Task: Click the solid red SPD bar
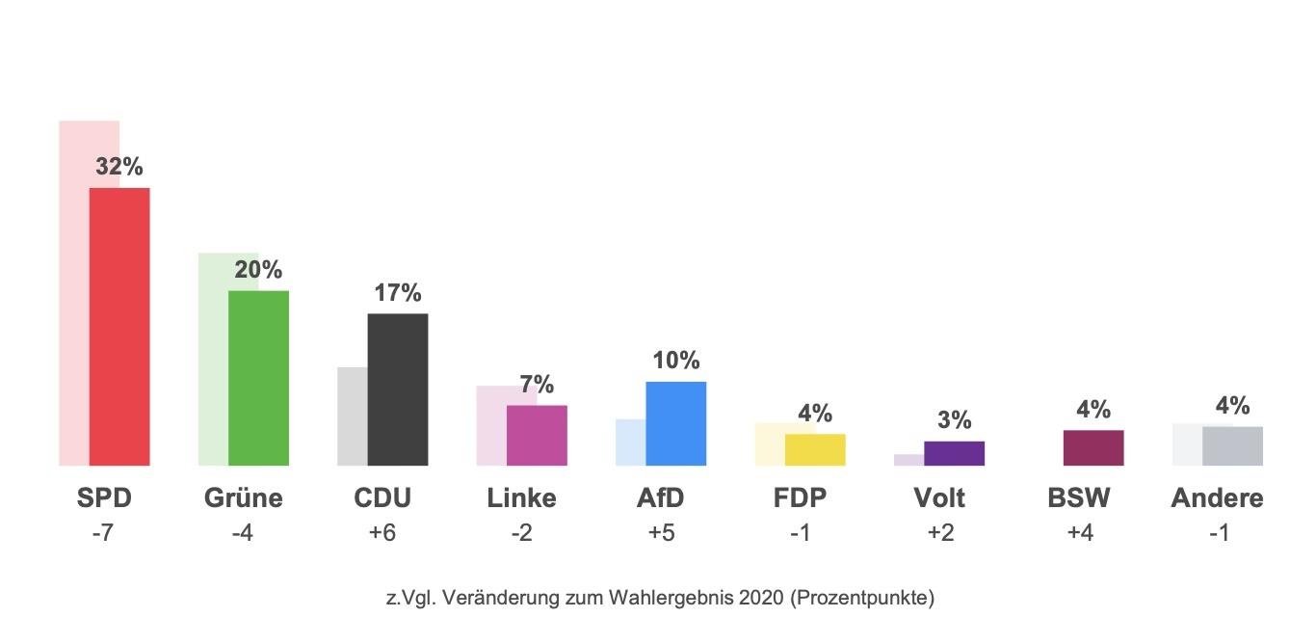[x=119, y=327]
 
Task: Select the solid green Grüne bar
[x=258, y=378]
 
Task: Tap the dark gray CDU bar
[x=398, y=389]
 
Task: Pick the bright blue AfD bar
[x=675, y=423]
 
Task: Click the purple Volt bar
[x=954, y=453]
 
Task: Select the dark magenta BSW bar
[x=1092, y=447]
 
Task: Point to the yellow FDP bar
[x=815, y=449]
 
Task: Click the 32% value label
[x=118, y=167]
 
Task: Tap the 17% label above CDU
[x=397, y=293]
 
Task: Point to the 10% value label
[x=675, y=361]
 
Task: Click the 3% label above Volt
[x=954, y=420]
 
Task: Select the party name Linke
[x=521, y=498]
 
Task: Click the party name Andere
[x=1217, y=498]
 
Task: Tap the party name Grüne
[x=243, y=498]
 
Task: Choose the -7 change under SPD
[x=103, y=533]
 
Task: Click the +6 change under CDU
[x=382, y=533]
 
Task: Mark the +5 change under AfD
[x=660, y=533]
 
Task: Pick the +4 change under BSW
[x=1078, y=533]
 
